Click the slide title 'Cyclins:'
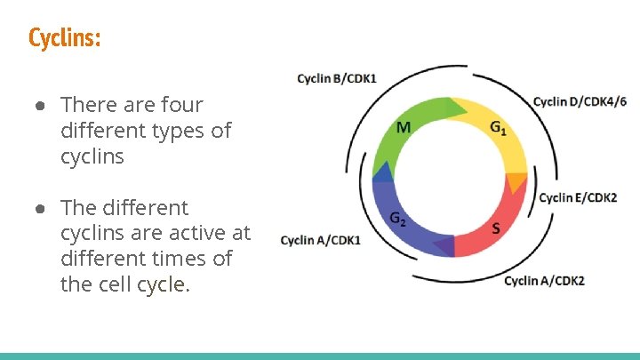64,38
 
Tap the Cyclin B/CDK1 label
336,78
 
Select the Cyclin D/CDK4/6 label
580,100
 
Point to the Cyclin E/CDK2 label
578,197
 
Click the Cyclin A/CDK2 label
544,281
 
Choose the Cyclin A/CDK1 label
320,240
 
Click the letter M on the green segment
403,127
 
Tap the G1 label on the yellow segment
499,127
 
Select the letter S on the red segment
495,229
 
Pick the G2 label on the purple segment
398,219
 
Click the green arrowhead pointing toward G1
456,108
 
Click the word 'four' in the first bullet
180,105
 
